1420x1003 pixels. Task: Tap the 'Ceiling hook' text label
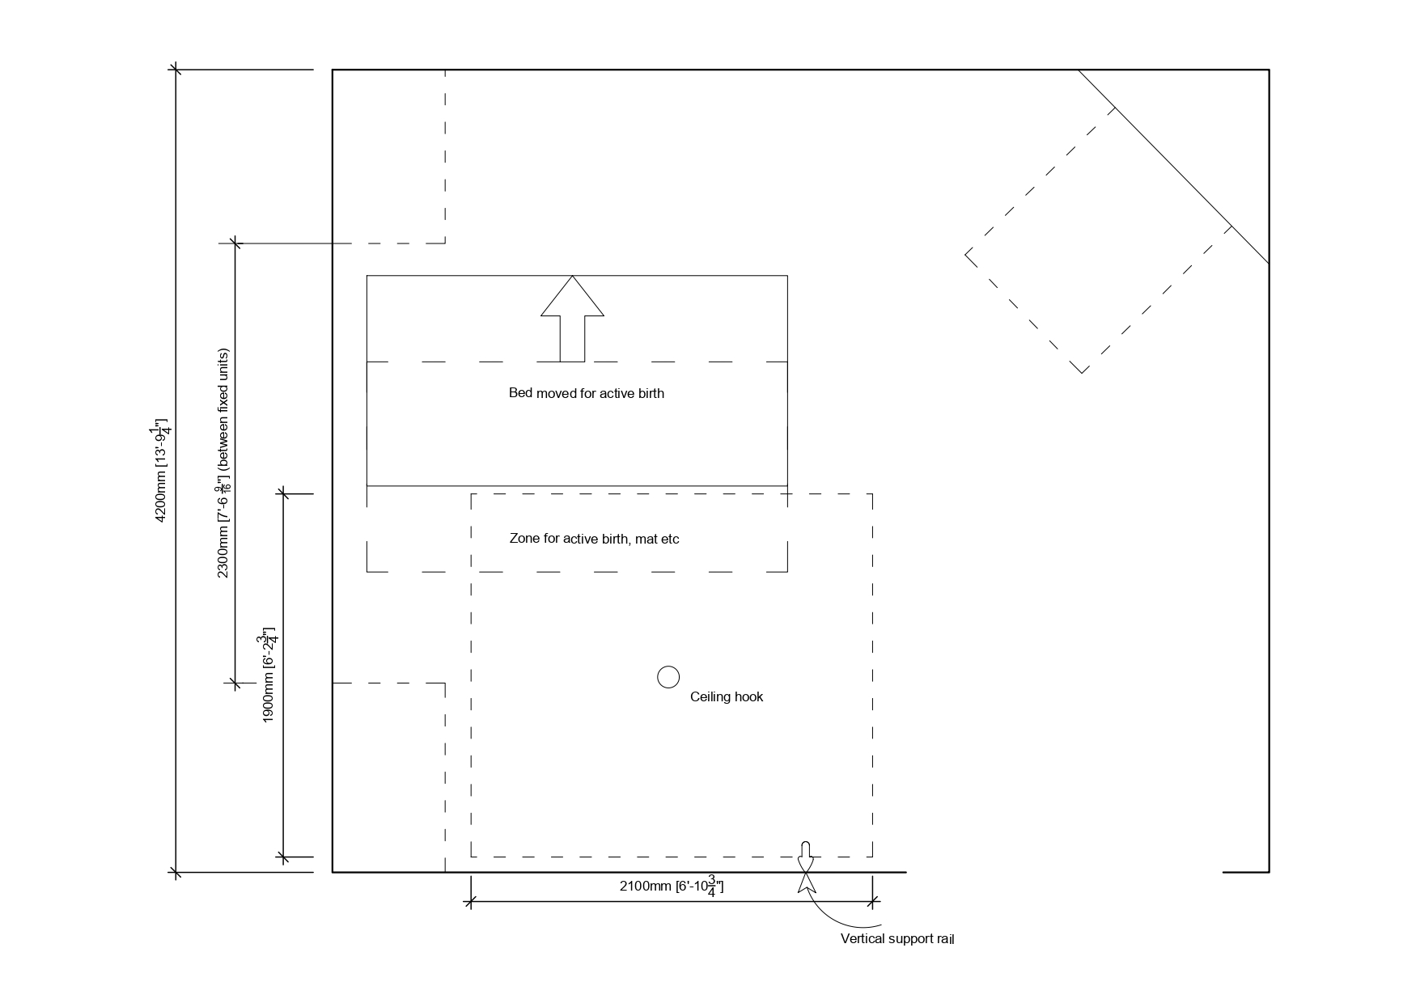tap(726, 696)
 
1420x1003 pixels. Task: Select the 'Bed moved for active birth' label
tap(586, 393)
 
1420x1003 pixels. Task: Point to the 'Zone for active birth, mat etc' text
tap(594, 539)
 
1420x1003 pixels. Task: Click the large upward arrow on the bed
tap(572, 319)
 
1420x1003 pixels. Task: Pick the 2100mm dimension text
tap(672, 886)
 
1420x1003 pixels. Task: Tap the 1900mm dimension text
tap(269, 675)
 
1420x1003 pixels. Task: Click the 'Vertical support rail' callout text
tap(897, 939)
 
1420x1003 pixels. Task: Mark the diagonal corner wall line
tap(1173, 167)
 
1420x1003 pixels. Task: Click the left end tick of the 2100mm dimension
tap(470, 902)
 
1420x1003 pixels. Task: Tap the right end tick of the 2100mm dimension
tap(872, 902)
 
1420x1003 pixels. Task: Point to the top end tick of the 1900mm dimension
tap(282, 493)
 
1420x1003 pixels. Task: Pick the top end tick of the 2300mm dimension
tap(235, 243)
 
